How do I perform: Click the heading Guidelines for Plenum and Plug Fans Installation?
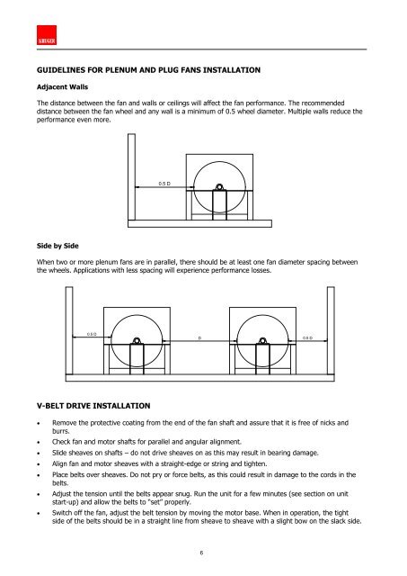click(148, 69)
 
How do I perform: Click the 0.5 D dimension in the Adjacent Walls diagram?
click(164, 183)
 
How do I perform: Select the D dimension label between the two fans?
click(199, 340)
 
